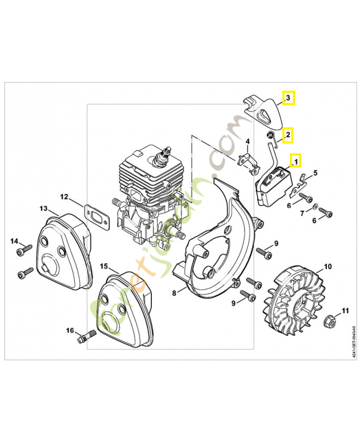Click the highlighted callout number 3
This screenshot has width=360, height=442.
(x=288, y=98)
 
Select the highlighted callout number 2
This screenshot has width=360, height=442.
(x=288, y=134)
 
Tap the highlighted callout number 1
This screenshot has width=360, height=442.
(x=295, y=161)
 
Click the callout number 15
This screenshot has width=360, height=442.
(x=104, y=266)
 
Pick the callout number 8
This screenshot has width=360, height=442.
(x=174, y=292)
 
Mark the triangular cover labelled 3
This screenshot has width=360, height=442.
(x=263, y=110)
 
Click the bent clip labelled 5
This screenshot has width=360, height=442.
(x=303, y=180)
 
